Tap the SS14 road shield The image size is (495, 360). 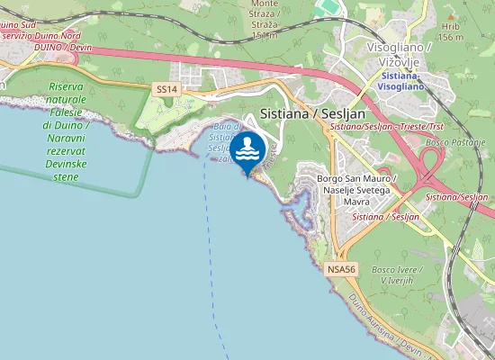[167, 89]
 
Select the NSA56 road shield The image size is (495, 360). [342, 269]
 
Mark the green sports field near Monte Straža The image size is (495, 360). [329, 7]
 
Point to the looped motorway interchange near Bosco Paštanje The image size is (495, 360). [427, 167]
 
